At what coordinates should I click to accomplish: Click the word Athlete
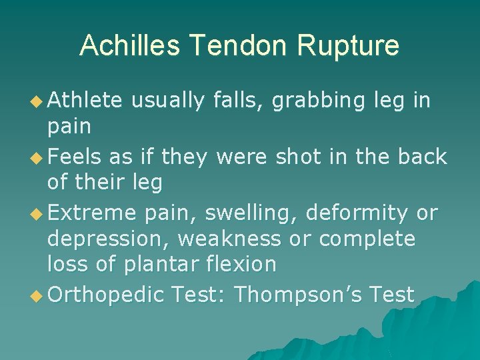85,101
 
